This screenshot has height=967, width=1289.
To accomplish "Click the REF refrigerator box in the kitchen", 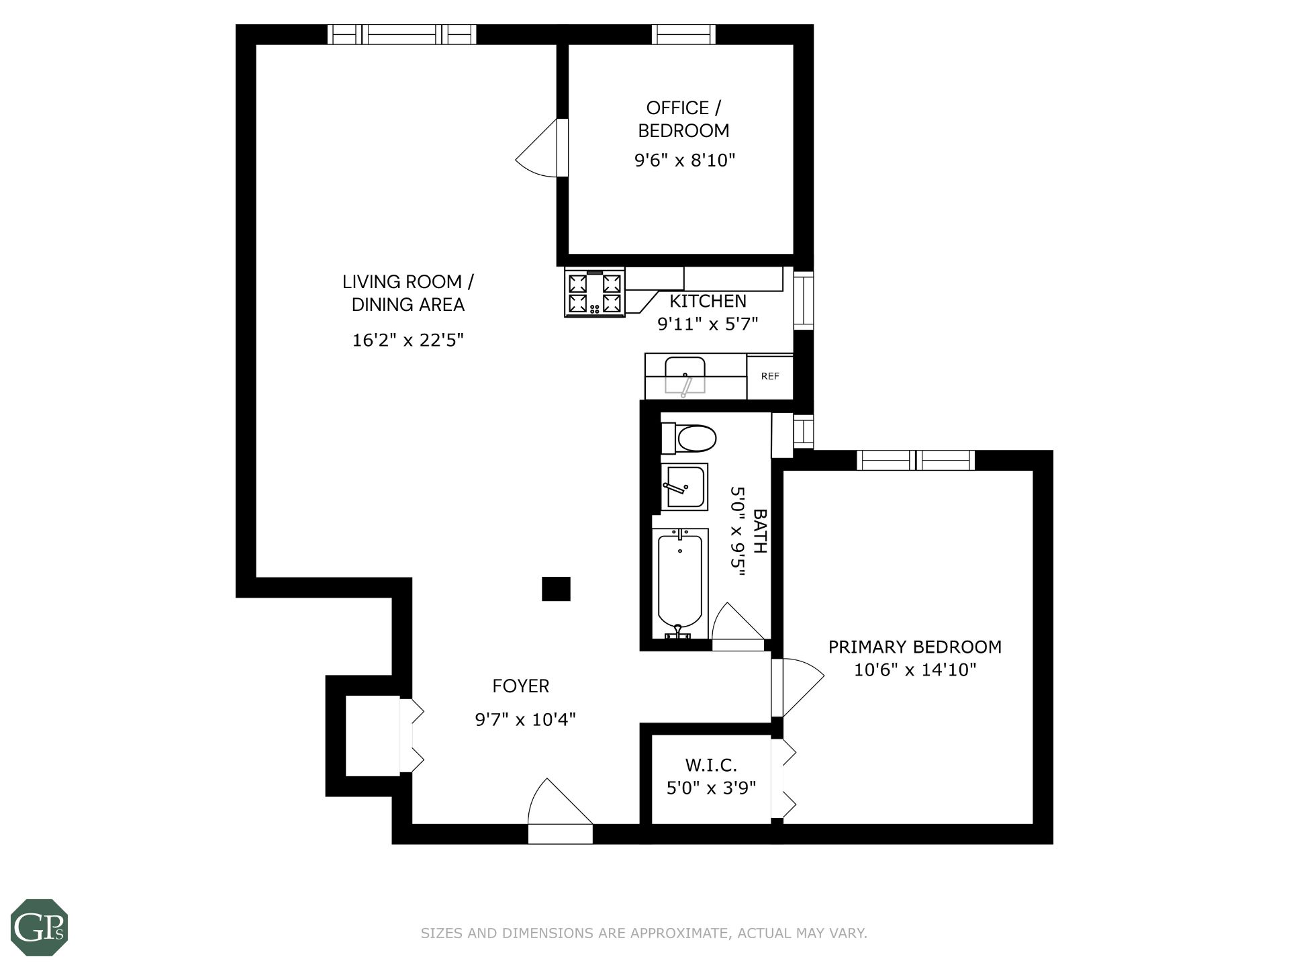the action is (x=770, y=377).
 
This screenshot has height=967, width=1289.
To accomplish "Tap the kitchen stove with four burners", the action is (x=595, y=292).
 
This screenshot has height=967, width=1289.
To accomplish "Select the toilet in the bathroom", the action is (x=689, y=439).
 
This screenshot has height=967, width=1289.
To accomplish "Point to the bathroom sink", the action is (x=684, y=487).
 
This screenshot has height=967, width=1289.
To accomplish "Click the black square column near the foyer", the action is (x=556, y=589).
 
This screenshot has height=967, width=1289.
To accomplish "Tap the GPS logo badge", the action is (x=40, y=927).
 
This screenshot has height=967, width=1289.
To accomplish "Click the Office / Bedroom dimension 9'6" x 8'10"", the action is (x=685, y=160).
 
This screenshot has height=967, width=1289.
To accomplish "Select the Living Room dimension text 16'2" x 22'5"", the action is (x=408, y=340).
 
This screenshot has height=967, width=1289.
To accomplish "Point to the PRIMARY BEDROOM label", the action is (x=914, y=647).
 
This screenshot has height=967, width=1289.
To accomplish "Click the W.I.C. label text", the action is (x=711, y=765).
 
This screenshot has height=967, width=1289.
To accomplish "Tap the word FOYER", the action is (x=521, y=686).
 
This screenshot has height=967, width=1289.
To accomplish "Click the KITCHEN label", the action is (x=708, y=301).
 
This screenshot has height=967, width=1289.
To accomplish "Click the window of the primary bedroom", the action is (x=916, y=460).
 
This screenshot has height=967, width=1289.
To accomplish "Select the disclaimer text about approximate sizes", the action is (x=644, y=933).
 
